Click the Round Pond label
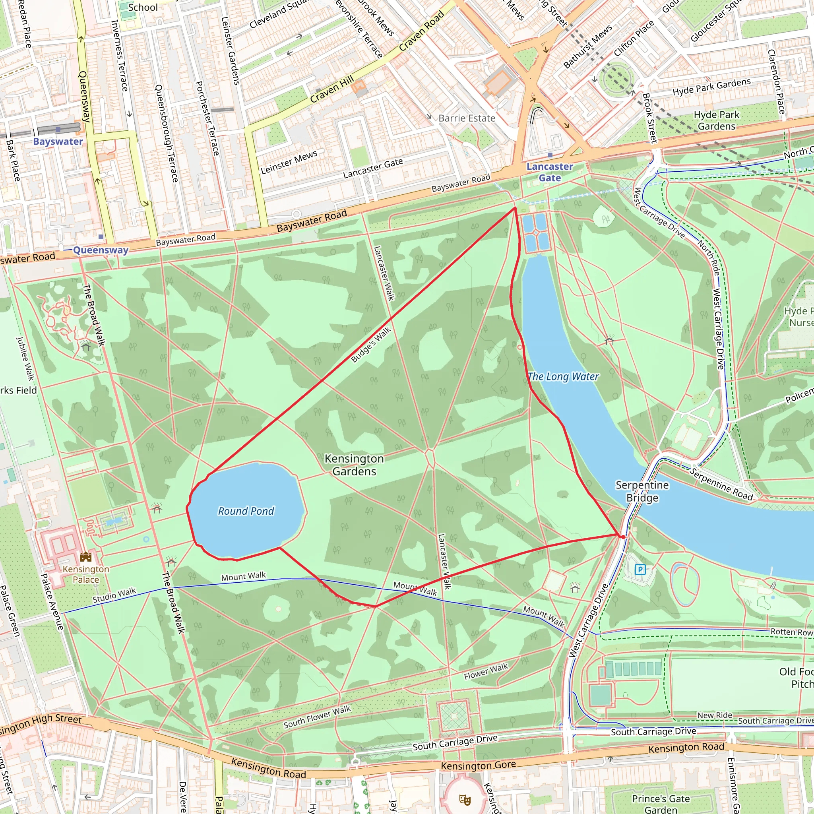point(246,511)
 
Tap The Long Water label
point(563,376)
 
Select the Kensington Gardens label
point(354,465)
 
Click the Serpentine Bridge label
point(642,491)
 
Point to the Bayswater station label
point(58,141)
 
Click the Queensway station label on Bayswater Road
point(100,250)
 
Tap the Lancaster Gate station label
point(549,172)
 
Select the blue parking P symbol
point(640,570)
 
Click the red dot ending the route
point(623,537)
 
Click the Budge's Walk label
point(371,345)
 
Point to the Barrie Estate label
point(467,118)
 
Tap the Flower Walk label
point(486,671)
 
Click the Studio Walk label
point(114,595)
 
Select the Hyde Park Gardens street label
point(711,87)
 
